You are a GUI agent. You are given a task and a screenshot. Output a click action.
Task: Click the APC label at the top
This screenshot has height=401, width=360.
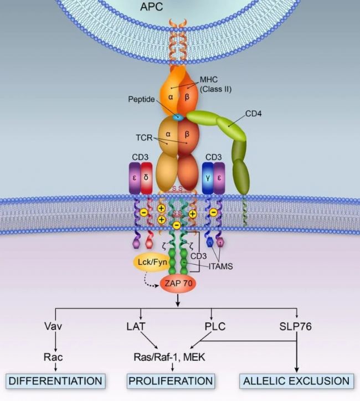coord(180,7)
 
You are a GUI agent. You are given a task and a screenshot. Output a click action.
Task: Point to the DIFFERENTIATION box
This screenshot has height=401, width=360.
coord(55,381)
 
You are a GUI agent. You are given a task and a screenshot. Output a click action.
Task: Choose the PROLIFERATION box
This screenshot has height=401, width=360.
coord(171,381)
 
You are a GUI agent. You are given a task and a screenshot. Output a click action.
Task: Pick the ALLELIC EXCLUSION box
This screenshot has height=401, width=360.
coord(296,381)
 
